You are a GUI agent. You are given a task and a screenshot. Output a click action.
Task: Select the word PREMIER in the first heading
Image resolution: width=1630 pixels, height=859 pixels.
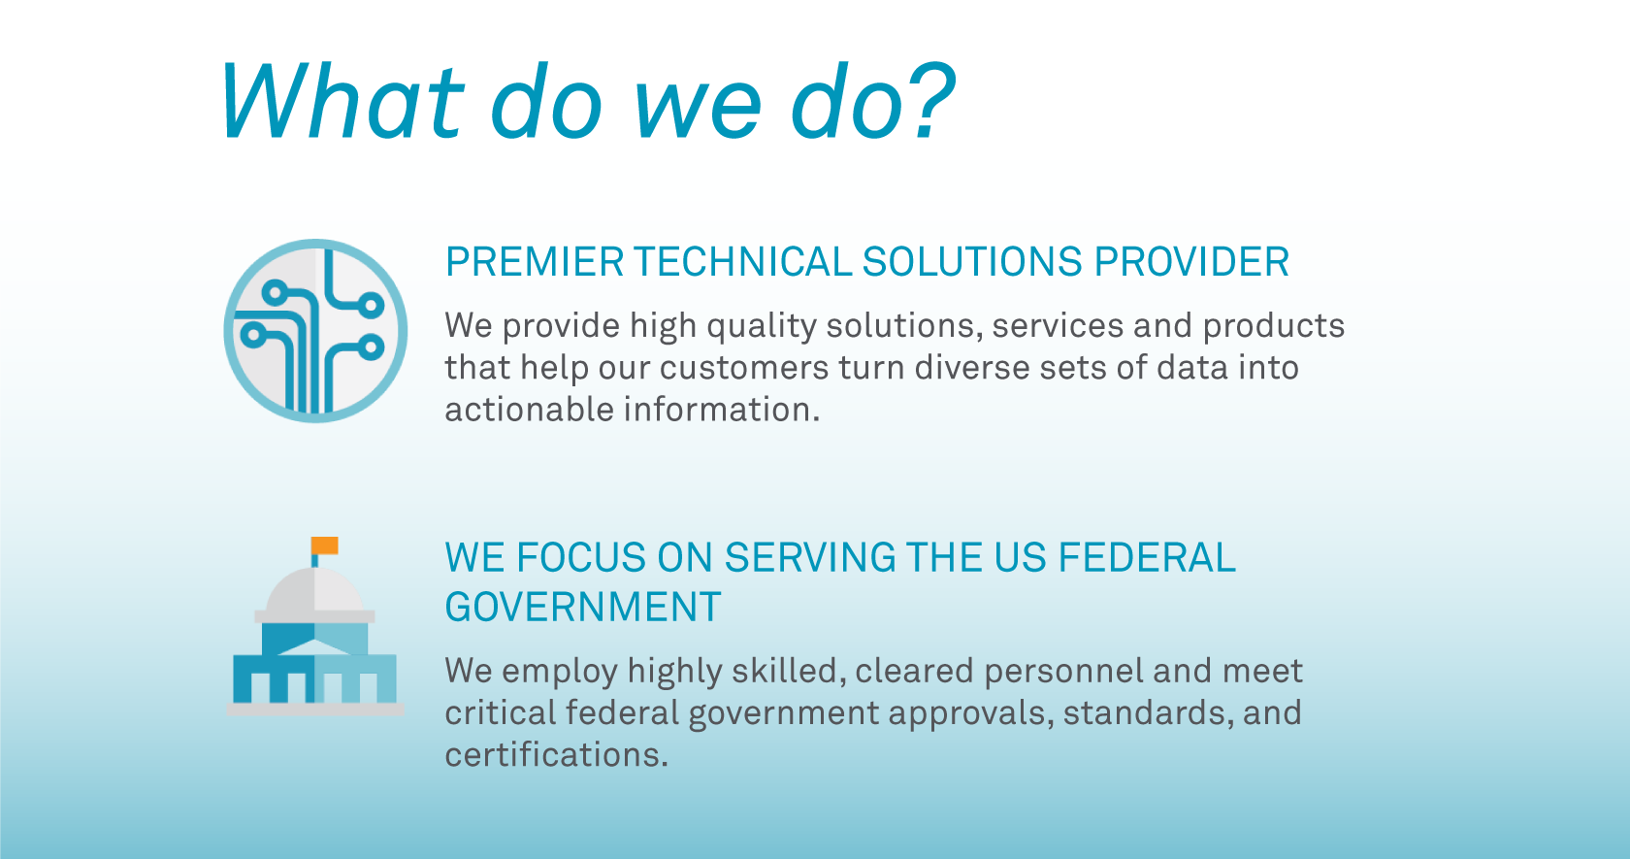coord(535,262)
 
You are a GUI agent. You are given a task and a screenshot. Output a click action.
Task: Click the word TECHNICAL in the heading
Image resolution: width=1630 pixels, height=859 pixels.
coord(742,262)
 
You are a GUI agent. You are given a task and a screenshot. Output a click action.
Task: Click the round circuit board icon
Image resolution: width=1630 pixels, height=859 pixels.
coord(315,331)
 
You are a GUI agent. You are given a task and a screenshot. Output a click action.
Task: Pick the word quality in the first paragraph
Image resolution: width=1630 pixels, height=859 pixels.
coord(761,326)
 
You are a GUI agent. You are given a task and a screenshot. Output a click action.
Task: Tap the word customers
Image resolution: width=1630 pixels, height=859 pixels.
coord(744,368)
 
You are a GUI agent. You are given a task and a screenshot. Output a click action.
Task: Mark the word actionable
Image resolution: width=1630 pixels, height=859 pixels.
coord(529,410)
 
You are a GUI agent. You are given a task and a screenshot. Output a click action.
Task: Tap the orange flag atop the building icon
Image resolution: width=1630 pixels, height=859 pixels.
coord(325,545)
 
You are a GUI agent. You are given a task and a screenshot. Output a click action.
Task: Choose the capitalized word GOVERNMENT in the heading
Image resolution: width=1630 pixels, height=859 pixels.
coord(582,608)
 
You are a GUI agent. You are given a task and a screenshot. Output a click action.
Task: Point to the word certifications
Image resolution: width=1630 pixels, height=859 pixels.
coord(556,754)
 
